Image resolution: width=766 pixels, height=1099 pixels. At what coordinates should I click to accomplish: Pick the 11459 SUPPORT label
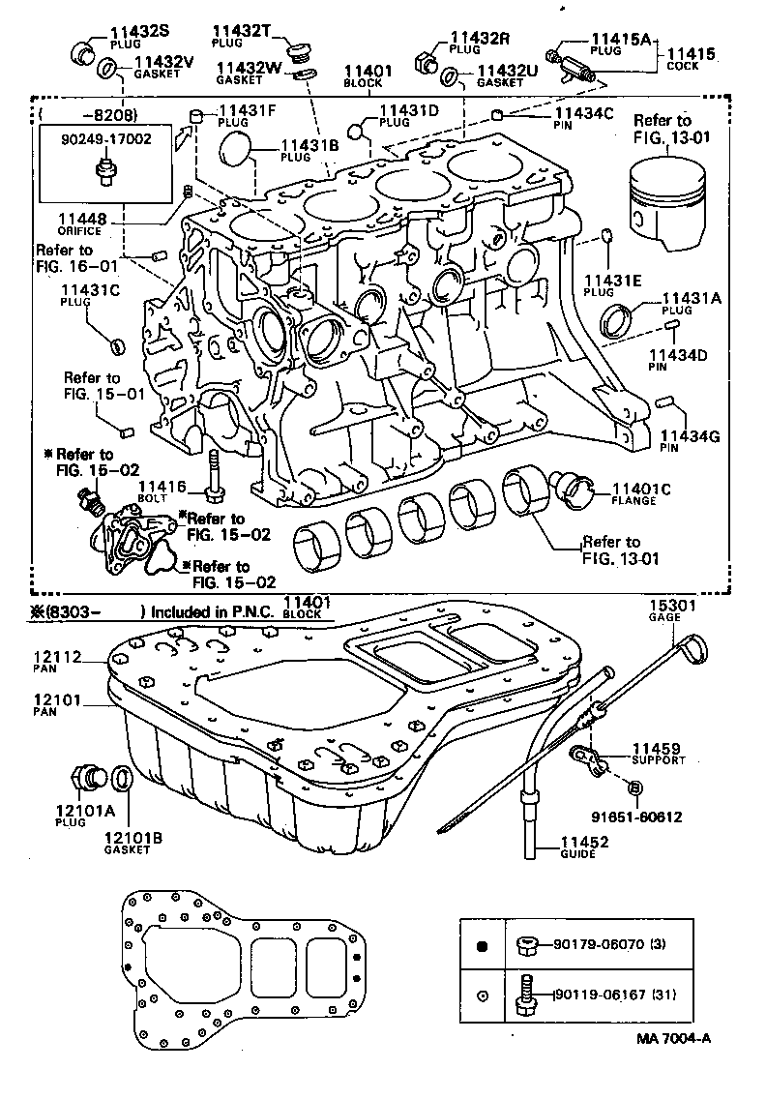(x=657, y=753)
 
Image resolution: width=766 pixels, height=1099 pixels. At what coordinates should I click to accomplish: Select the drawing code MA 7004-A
(x=673, y=1038)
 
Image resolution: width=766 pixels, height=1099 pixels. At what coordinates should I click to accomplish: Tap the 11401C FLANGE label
(x=633, y=492)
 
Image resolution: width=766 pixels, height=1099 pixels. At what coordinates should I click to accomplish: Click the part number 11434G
(x=690, y=436)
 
